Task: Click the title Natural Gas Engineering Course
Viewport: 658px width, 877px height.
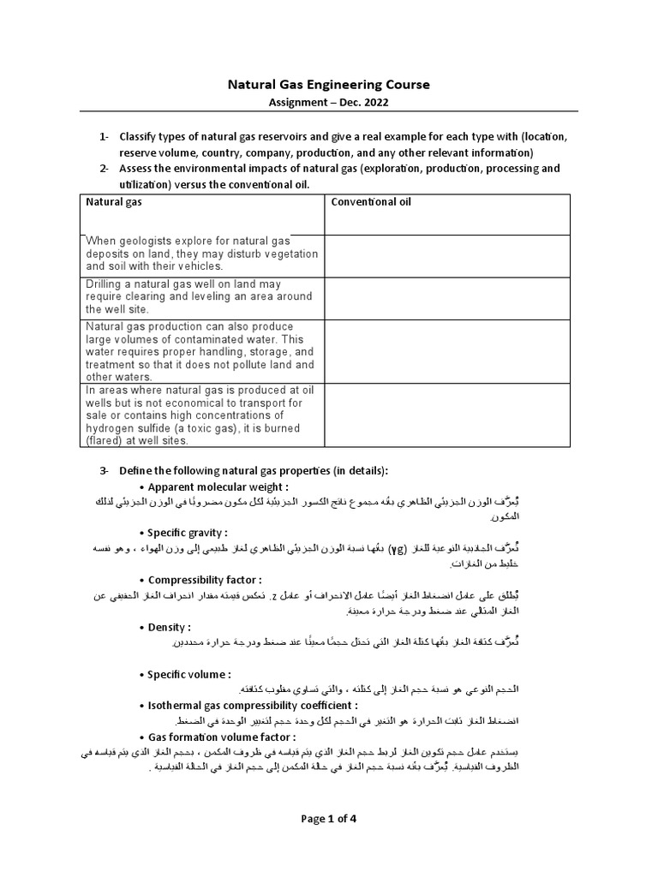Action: coord(328,85)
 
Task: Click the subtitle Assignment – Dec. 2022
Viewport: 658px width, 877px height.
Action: coord(328,102)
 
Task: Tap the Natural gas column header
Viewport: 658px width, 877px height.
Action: coord(113,202)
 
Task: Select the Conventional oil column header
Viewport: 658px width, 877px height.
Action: coord(371,202)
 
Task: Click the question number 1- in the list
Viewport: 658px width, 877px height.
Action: coord(104,137)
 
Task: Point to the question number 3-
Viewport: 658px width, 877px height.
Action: coord(104,470)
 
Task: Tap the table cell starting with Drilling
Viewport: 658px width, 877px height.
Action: coord(200,295)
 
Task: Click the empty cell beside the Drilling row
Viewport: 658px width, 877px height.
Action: coord(446,296)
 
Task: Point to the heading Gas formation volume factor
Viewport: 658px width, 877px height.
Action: coord(222,737)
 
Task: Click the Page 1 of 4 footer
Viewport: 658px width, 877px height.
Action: coord(328,818)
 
